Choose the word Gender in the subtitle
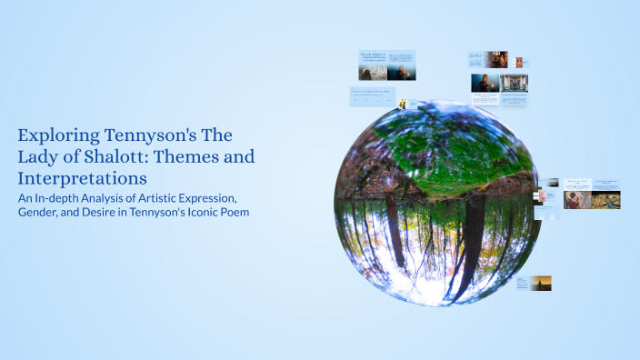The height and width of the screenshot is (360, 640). pyautogui.click(x=42, y=213)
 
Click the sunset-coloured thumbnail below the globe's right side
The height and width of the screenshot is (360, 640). pyautogui.click(x=540, y=283)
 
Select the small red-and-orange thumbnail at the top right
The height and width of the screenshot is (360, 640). pyautogui.click(x=519, y=62)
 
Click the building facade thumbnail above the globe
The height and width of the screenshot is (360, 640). pyautogui.click(x=515, y=84)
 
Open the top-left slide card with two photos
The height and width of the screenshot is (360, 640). pyautogui.click(x=386, y=65)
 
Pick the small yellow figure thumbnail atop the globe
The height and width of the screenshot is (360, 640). pyautogui.click(x=401, y=102)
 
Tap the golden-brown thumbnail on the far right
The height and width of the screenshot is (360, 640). pyautogui.click(x=606, y=199)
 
